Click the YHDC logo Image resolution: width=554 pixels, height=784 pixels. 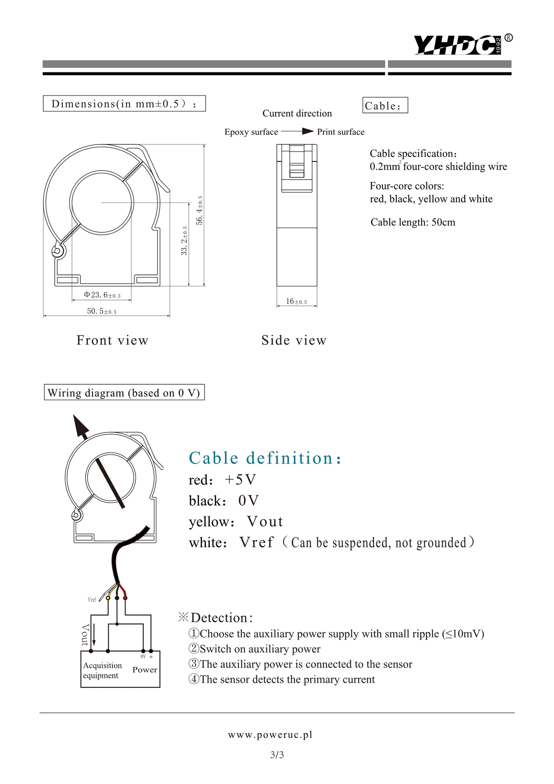tap(458, 45)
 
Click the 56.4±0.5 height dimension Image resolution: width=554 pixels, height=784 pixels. tap(199, 211)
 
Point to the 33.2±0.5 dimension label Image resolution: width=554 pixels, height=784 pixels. tap(185, 241)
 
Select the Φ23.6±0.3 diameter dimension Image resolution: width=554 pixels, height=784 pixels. tap(102, 295)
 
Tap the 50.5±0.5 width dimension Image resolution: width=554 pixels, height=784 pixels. tap(101, 311)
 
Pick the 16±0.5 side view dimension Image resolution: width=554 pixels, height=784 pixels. tap(296, 302)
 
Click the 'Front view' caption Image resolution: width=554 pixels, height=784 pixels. tap(112, 340)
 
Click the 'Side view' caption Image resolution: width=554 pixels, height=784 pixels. tap(294, 340)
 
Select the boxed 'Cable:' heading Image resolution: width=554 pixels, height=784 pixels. tap(385, 106)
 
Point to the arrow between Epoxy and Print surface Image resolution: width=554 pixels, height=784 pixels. tap(297, 131)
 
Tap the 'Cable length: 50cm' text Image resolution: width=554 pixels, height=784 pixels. tap(413, 222)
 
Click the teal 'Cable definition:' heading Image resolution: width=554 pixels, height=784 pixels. tap(265, 458)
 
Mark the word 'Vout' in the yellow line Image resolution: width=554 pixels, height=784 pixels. tap(265, 522)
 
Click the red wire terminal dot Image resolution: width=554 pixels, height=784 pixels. tap(125, 598)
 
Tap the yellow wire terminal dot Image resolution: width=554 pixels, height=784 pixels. tap(108, 598)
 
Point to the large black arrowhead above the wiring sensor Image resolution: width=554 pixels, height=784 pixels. tap(80, 425)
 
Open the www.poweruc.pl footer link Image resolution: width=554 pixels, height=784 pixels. tap(270, 735)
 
